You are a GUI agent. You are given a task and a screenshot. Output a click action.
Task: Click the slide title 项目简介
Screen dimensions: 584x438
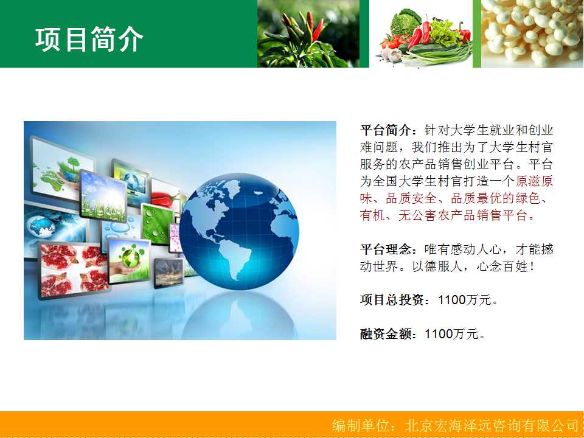(x=89, y=39)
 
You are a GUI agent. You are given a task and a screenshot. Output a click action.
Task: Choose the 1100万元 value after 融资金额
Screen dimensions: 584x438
(x=452, y=334)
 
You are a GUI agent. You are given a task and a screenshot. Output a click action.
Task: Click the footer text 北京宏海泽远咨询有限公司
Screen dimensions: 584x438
(x=492, y=425)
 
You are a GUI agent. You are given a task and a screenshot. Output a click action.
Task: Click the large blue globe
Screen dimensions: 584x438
(x=238, y=231)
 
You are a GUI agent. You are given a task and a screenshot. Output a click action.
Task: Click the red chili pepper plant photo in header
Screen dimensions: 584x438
(x=308, y=33)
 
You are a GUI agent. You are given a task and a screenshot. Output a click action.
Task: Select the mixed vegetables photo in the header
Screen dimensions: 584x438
(x=421, y=33)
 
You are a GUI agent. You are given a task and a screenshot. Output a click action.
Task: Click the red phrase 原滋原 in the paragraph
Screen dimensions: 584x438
(x=534, y=181)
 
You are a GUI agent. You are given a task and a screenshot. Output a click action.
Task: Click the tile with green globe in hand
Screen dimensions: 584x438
(x=129, y=260)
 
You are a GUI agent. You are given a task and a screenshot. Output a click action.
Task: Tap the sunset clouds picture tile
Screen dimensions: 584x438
(x=169, y=273)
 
